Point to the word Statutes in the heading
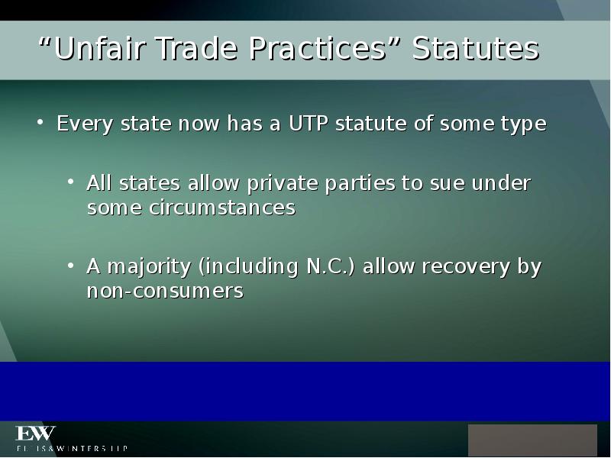[476, 50]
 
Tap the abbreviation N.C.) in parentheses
[331, 267]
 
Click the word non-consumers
[165, 291]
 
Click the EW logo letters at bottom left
[36, 434]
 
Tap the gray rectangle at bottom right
[532, 440]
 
